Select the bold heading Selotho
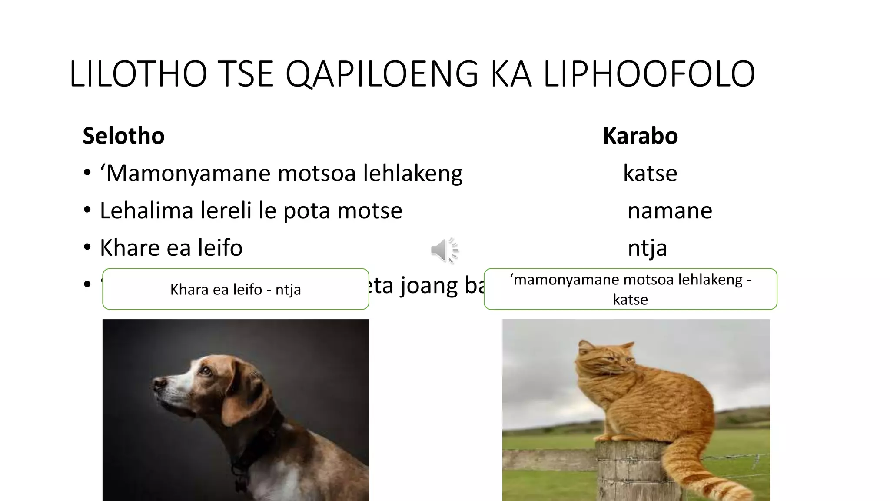pos(123,136)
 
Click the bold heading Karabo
pos(640,136)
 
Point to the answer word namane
pos(670,210)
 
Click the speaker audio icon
pos(444,250)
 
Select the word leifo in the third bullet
pos(220,248)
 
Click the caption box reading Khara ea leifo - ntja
pos(236,289)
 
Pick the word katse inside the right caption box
pos(630,300)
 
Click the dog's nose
pos(159,383)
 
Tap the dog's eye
pos(205,371)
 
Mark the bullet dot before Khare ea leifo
pos(87,247)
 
